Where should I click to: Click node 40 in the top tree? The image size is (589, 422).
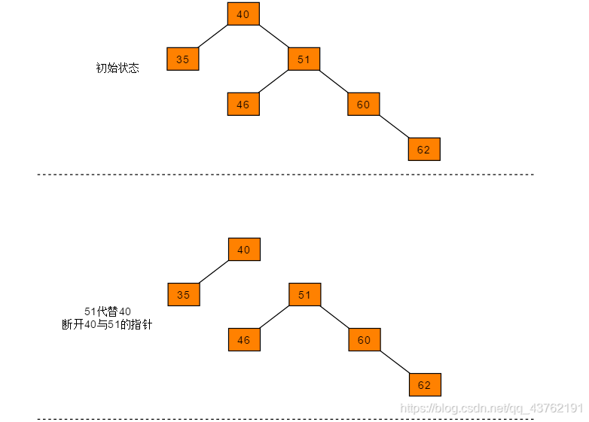pyautogui.click(x=243, y=14)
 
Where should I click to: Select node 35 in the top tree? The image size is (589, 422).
pyautogui.click(x=183, y=59)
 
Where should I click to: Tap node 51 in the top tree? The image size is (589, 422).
pyautogui.click(x=304, y=59)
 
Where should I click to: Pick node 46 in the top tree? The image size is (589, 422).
pyautogui.click(x=243, y=104)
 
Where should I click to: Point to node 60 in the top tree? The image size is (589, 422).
pyautogui.click(x=364, y=104)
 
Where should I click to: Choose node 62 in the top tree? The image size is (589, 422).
pyautogui.click(x=424, y=149)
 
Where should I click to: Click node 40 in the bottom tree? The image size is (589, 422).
pyautogui.click(x=244, y=249)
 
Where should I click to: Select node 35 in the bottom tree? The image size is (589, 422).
pyautogui.click(x=184, y=294)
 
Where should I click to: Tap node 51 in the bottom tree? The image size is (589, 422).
pyautogui.click(x=304, y=294)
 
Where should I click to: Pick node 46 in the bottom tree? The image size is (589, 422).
pyautogui.click(x=244, y=339)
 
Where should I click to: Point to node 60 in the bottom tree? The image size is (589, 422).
pyautogui.click(x=365, y=339)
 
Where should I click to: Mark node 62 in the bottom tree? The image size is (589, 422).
pyautogui.click(x=425, y=384)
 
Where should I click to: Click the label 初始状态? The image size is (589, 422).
pyautogui.click(x=117, y=68)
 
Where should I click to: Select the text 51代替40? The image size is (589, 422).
pyautogui.click(x=108, y=311)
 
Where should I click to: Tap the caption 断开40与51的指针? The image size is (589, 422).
pyautogui.click(x=107, y=325)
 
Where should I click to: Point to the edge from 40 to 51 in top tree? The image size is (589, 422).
pyautogui.click(x=273, y=36)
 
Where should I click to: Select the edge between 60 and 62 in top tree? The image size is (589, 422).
pyautogui.click(x=394, y=126)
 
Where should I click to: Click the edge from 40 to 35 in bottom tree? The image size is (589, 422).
pyautogui.click(x=214, y=272)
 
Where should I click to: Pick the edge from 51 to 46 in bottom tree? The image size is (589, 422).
pyautogui.click(x=274, y=317)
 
